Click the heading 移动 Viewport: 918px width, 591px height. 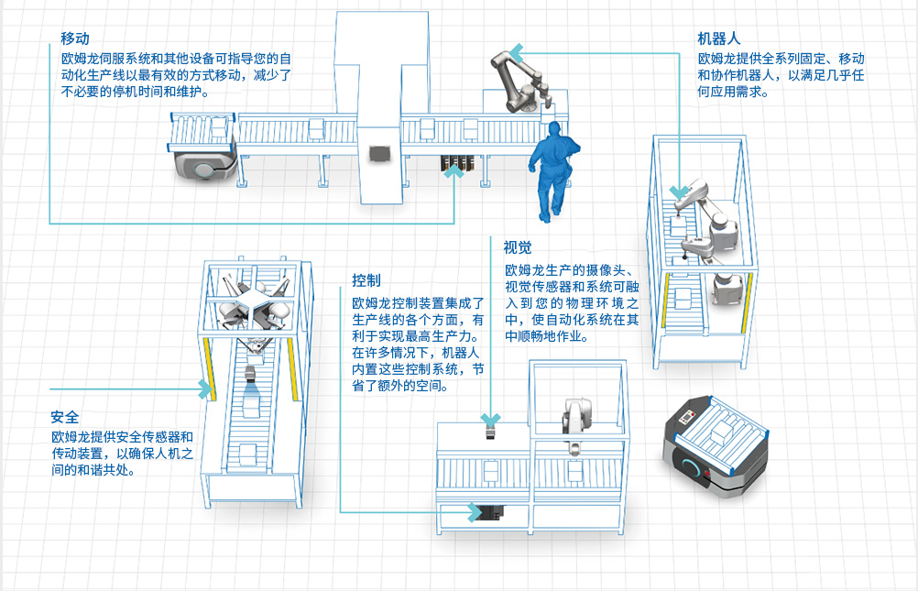(74, 38)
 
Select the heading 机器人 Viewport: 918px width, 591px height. (718, 38)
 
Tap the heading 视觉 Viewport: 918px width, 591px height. (517, 247)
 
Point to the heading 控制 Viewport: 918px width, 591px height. (366, 279)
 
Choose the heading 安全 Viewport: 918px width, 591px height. (65, 416)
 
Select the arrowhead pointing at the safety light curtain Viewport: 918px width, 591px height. (204, 389)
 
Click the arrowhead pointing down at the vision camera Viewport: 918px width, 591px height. (493, 420)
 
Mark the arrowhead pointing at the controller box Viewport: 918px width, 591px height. (475, 511)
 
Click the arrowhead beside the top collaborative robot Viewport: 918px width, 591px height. (517, 50)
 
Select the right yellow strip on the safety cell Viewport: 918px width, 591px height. (292, 367)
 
